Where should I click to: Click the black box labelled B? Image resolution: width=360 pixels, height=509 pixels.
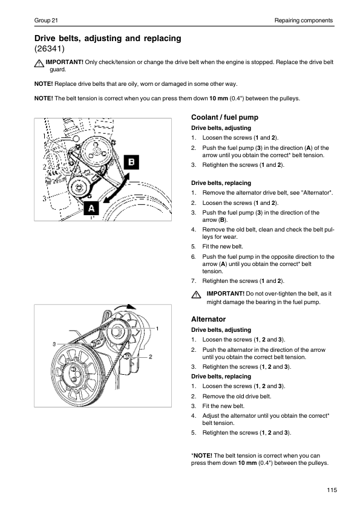(131, 162)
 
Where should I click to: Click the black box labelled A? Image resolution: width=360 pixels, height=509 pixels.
(91, 208)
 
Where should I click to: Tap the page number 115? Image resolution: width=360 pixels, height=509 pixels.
(332, 490)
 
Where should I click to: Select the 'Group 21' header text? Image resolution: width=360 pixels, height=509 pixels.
(46, 21)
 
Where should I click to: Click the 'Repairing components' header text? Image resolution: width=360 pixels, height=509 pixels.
(304, 21)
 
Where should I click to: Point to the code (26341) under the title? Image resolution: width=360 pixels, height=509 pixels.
(50, 49)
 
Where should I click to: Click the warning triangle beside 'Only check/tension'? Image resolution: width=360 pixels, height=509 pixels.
(39, 63)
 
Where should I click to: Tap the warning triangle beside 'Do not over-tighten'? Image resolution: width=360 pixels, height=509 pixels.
(196, 294)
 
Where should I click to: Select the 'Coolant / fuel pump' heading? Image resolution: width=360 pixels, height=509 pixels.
(224, 117)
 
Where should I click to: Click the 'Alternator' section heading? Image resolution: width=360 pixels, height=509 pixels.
(208, 319)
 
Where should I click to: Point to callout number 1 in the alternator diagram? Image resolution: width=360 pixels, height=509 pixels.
(157, 329)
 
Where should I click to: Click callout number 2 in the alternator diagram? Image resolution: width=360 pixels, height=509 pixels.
(151, 357)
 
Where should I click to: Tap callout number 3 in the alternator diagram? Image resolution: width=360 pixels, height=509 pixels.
(54, 344)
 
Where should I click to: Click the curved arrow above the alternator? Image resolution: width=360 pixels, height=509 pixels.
(125, 306)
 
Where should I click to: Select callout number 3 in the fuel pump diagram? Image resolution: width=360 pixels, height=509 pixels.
(44, 198)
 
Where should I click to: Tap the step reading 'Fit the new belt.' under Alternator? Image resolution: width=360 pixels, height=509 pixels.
(223, 406)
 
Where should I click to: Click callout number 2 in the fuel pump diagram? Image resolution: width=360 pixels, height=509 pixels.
(44, 167)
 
